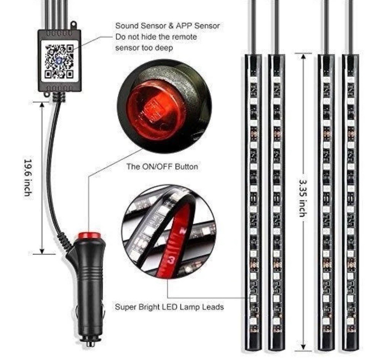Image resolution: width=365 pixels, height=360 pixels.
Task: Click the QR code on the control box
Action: (x=59, y=61)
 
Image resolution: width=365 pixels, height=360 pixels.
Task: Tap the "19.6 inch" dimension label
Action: (x=27, y=177)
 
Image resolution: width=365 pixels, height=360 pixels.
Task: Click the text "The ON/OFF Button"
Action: (x=162, y=166)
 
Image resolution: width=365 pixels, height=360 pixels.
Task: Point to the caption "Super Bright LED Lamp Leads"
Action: (x=169, y=307)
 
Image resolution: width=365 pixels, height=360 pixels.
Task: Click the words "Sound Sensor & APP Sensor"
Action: (x=167, y=26)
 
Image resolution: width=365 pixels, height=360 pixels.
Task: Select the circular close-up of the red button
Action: (x=164, y=107)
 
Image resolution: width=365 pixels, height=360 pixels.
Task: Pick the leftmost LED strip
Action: (x=253, y=201)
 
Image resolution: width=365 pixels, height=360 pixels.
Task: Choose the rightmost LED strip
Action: (x=350, y=201)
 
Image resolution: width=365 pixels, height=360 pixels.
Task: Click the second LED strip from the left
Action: (x=276, y=201)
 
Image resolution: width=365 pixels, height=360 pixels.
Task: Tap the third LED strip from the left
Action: (x=326, y=201)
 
